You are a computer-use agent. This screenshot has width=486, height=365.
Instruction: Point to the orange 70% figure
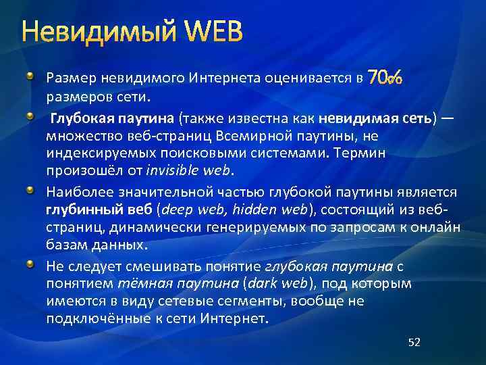385,78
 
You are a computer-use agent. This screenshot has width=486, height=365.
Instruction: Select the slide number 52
414,343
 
